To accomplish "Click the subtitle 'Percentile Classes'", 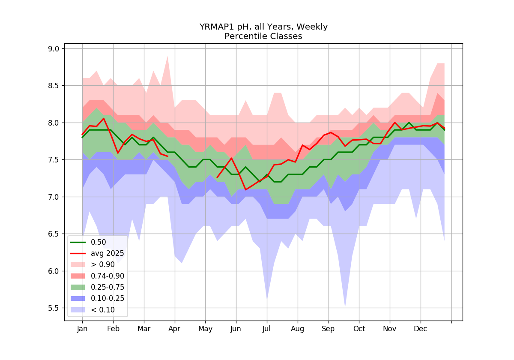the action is tap(263, 36).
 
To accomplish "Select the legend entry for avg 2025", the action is tap(97, 253).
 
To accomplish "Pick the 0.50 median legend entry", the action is tap(88, 242).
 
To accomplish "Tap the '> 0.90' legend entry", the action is tap(93, 264).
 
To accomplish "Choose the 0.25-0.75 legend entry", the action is tap(97, 287).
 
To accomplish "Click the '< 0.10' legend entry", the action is tap(93, 310).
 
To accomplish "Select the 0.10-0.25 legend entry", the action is tap(97, 298).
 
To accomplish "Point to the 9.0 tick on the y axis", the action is tap(54, 49).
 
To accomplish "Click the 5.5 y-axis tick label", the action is tap(54, 308).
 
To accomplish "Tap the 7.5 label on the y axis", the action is tap(54, 160).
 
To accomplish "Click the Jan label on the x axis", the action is tap(82, 329).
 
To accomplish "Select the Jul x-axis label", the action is tap(266, 329).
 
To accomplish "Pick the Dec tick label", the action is tap(420, 329).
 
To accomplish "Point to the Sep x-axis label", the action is tap(328, 329).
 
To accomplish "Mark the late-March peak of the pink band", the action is tap(167, 56).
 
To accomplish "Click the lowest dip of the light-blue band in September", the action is tap(345, 307).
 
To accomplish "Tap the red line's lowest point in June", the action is tap(246, 189).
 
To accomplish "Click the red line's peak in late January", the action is tap(104, 118).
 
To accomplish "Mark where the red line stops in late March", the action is tap(168, 156).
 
